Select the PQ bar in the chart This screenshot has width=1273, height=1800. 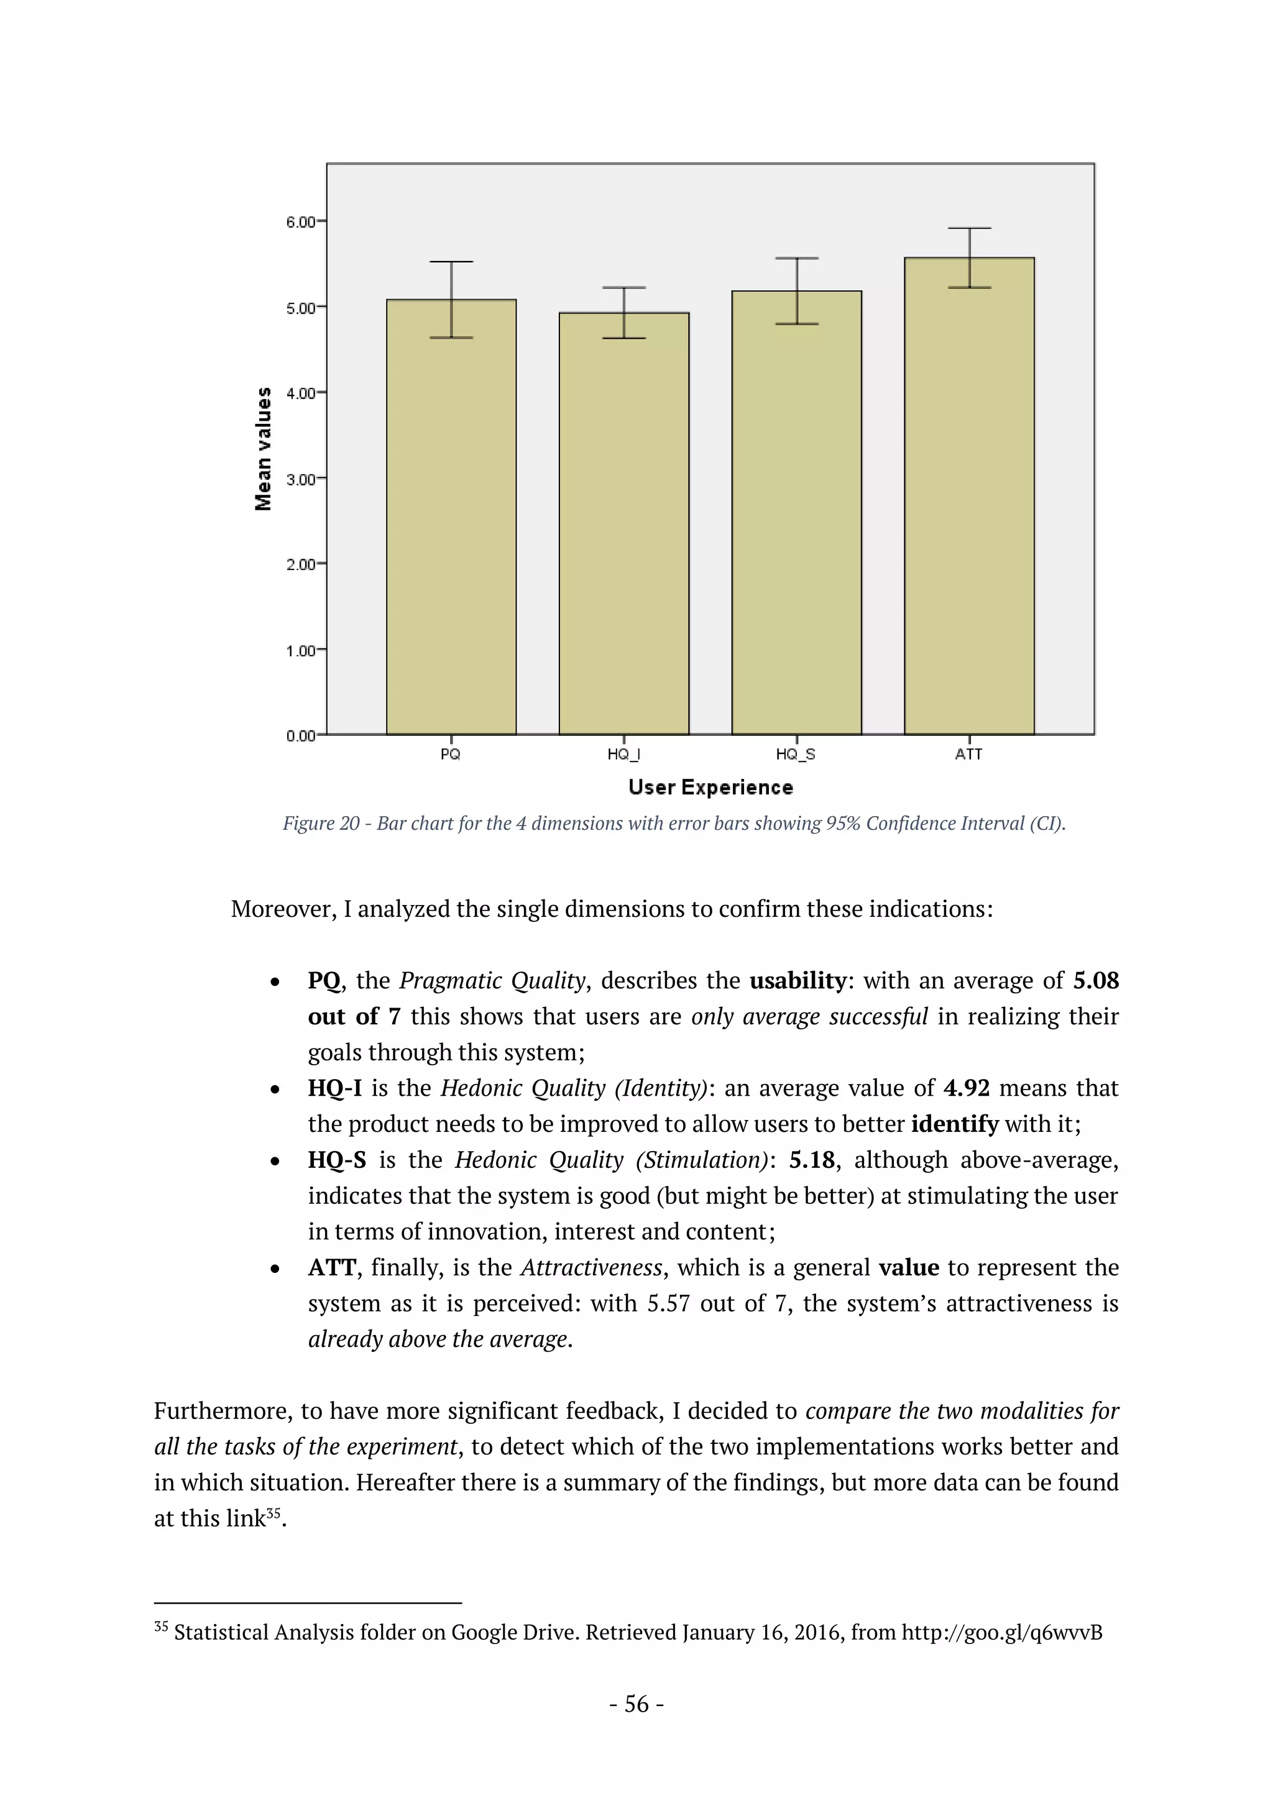451,517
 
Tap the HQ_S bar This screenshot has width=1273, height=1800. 796,513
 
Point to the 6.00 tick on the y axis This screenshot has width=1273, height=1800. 300,222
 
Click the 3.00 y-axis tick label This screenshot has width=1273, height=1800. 300,479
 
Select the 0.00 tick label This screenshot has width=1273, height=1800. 300,735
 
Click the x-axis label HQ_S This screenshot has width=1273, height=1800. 796,754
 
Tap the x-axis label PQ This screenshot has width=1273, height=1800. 451,754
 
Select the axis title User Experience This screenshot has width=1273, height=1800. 710,787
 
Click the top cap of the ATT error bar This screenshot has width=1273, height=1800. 970,228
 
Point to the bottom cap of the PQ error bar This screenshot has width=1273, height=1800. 451,338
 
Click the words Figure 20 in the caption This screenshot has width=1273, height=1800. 321,823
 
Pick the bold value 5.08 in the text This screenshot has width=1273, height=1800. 1096,980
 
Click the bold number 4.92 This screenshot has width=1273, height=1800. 966,1088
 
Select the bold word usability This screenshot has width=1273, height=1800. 798,980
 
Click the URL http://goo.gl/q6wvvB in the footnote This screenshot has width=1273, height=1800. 1002,1632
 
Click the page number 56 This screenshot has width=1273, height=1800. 636,1704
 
